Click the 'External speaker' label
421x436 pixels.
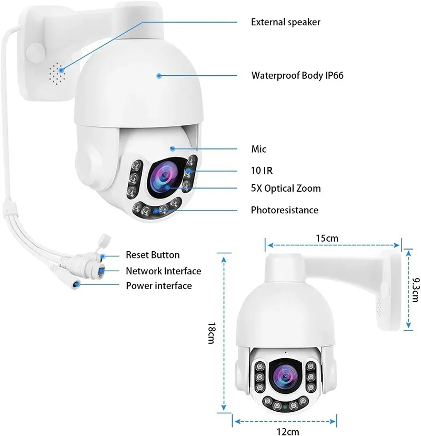pos(285,22)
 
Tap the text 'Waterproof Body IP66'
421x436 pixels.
pos(297,75)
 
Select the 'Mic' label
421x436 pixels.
pos(258,149)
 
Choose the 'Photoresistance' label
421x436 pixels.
pos(284,210)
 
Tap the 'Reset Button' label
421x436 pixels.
pos(152,255)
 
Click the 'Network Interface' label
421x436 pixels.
pos(163,271)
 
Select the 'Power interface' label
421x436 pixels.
pos(158,286)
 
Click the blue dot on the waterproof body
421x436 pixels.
pos(158,76)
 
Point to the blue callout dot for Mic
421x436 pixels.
pos(172,149)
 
